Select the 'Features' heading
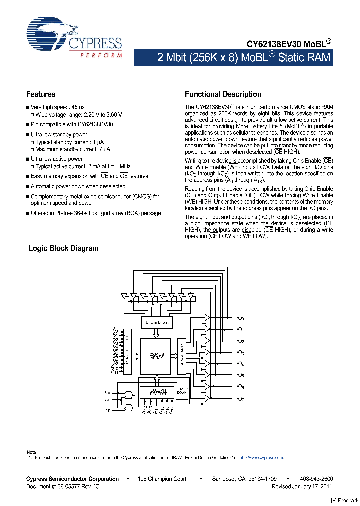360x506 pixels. coord(41,94)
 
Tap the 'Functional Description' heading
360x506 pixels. coord(223,94)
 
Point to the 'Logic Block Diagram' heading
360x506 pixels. coord(63,248)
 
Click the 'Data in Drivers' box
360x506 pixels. coord(157,322)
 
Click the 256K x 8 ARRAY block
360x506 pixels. coord(157,356)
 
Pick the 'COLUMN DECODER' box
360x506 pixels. coord(157,392)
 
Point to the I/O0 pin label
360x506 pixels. coord(239,318)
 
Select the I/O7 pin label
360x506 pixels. coord(239,399)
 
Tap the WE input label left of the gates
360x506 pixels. coord(107,400)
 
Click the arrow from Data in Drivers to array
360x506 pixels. coord(157,334)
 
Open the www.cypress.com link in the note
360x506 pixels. coord(261,457)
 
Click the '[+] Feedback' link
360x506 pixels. coord(345,501)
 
